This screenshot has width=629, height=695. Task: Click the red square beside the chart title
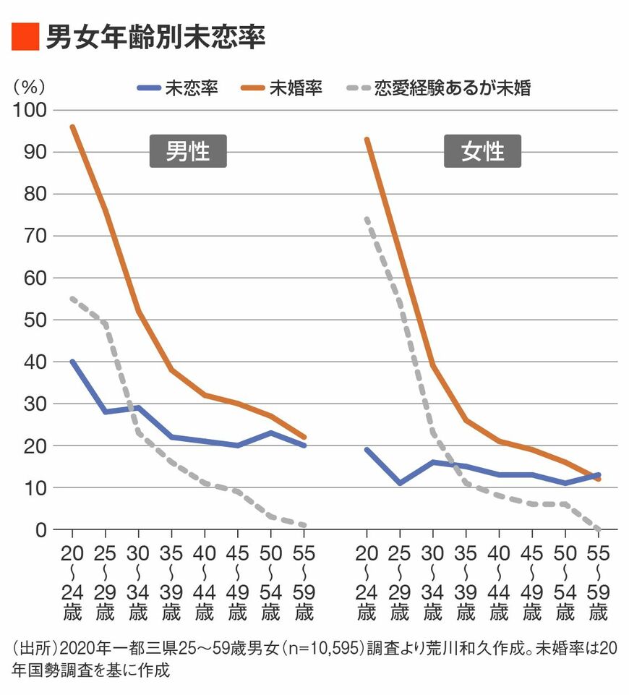point(23,36)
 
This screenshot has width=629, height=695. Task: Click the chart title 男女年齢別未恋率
point(155,36)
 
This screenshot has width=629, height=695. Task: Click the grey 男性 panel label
point(188,152)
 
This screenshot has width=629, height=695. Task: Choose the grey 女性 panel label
point(482,152)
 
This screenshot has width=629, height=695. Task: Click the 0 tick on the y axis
point(40,529)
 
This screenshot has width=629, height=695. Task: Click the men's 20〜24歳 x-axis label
point(72,581)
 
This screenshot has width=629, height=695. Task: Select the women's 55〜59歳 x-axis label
point(598,581)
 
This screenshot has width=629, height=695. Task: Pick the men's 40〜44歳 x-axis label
point(205,581)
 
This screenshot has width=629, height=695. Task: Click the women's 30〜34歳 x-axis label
point(432,581)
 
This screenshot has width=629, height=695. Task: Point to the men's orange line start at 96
point(72,127)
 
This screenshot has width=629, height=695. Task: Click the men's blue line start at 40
point(72,362)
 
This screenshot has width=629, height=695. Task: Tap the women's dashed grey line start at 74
point(367,218)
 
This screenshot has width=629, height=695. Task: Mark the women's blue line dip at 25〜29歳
point(400,483)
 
